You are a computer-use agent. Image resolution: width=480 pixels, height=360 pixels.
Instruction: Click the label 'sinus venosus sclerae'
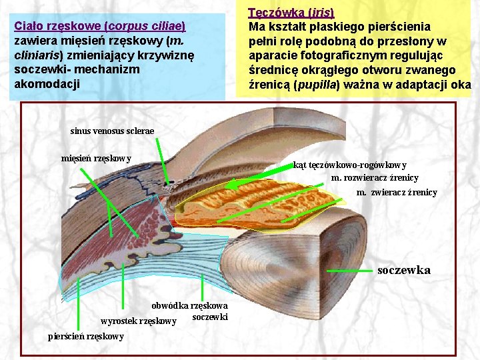tap(112, 131)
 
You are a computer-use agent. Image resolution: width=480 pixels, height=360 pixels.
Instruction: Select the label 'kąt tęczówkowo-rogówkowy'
tap(350, 165)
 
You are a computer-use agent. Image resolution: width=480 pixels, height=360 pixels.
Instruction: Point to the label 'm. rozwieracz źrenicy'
tap(375, 178)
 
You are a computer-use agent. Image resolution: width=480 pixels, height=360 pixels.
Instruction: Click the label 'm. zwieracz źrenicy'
tap(397, 192)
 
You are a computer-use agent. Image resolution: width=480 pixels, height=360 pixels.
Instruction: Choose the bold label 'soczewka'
tap(403, 270)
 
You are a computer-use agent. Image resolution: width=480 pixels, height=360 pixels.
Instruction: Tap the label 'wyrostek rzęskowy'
tap(138, 321)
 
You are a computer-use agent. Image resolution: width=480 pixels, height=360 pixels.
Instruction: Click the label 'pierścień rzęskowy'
tap(85, 336)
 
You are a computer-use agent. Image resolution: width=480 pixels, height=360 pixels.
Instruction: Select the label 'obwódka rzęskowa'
tap(189, 306)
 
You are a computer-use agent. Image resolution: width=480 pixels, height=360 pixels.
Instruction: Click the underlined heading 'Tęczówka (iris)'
tap(291, 12)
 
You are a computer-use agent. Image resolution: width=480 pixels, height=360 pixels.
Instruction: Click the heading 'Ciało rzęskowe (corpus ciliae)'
tap(100, 26)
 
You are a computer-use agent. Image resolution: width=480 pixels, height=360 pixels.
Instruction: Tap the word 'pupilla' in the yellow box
tap(318, 85)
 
